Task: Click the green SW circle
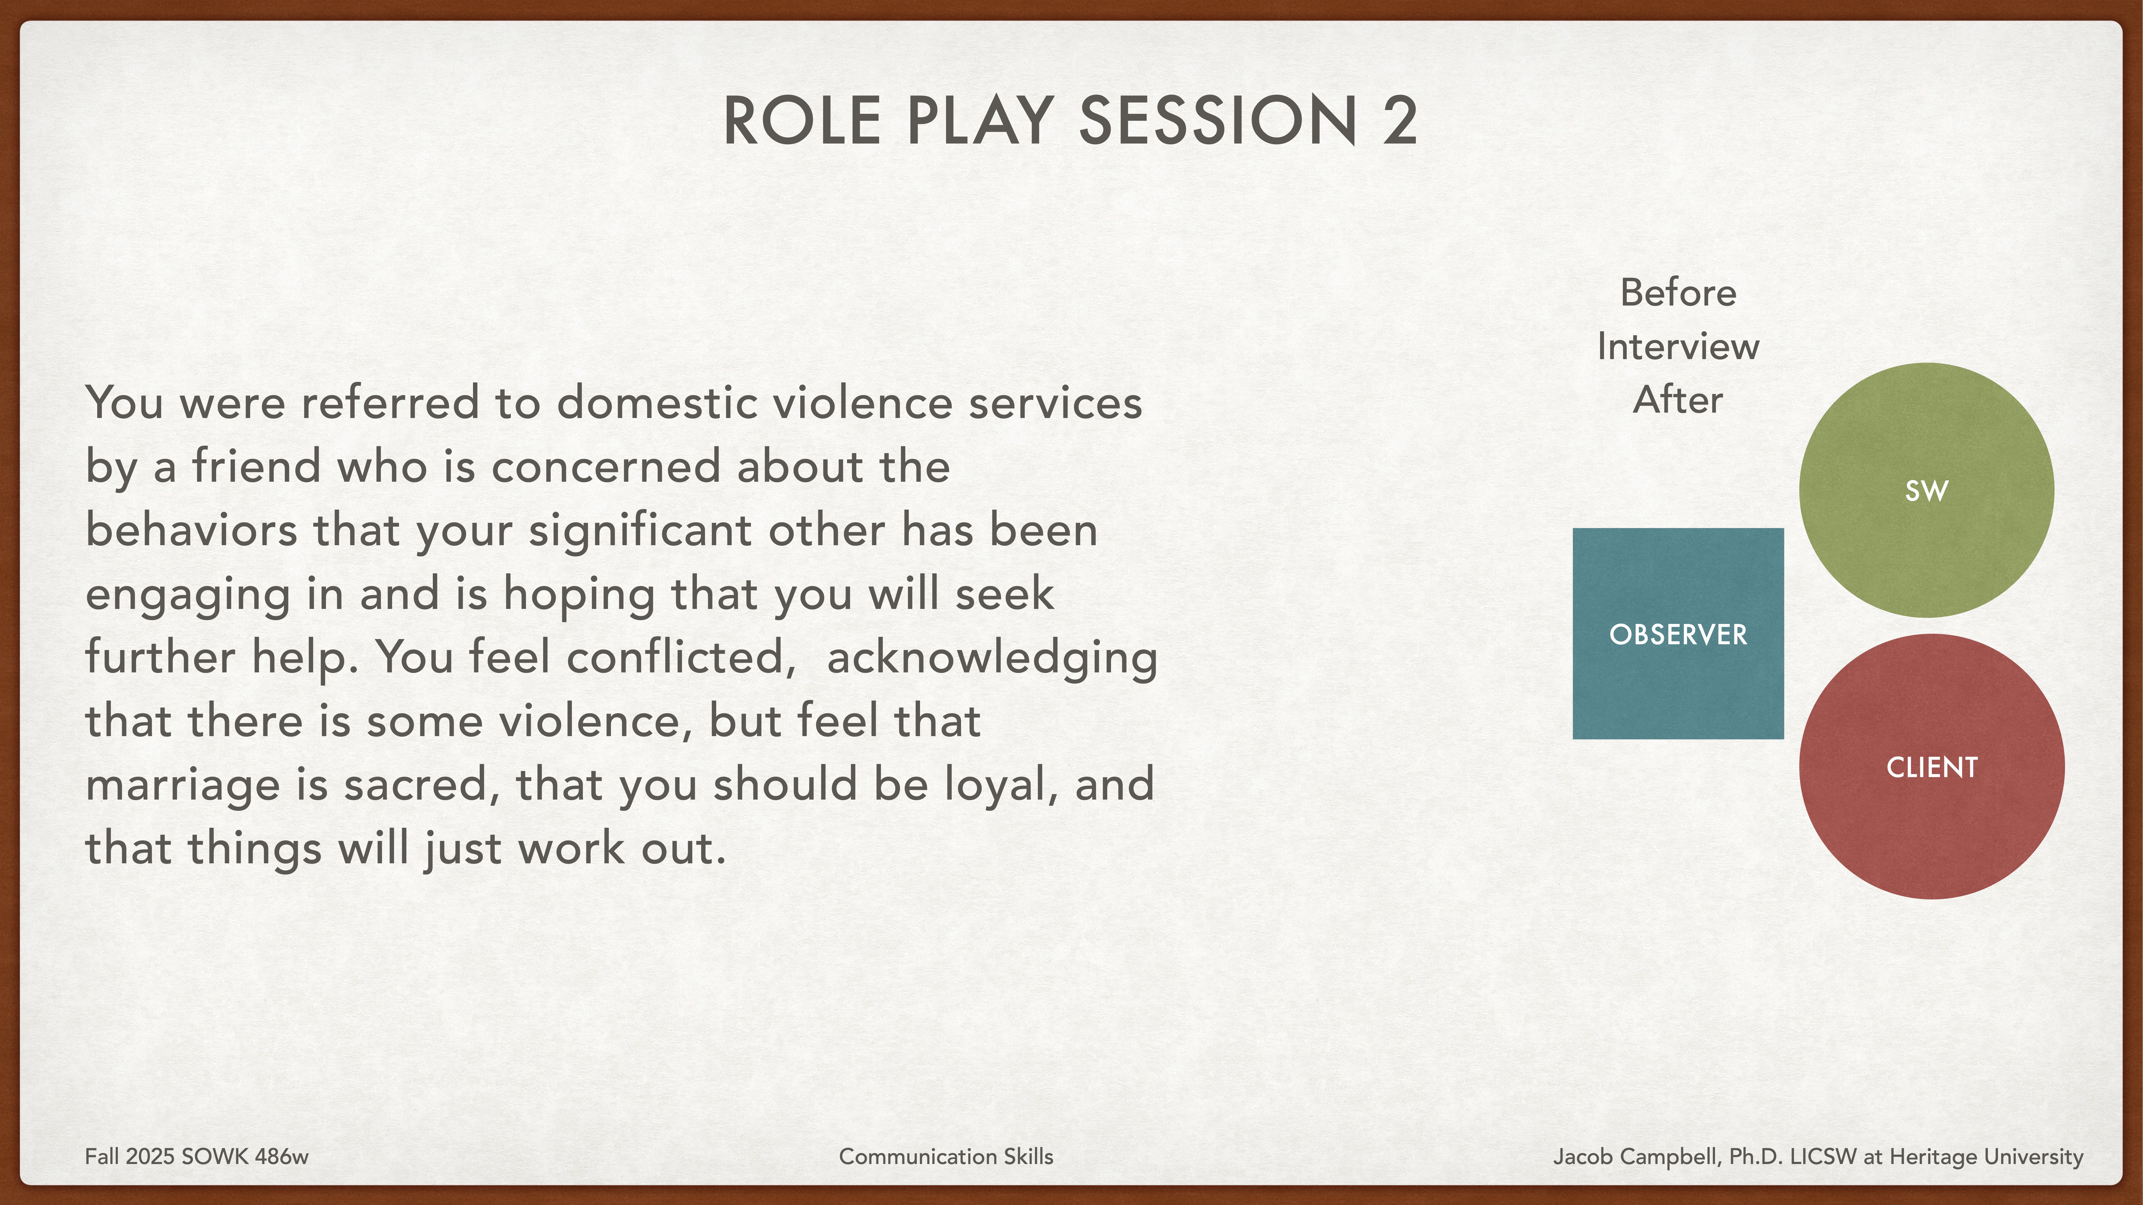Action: click(x=1926, y=491)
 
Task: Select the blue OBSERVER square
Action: click(x=1678, y=634)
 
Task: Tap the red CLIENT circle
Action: click(x=1931, y=767)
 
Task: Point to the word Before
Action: click(x=1678, y=293)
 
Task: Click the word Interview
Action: click(x=1678, y=346)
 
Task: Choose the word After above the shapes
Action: click(x=1678, y=400)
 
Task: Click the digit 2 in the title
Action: click(x=1400, y=121)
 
